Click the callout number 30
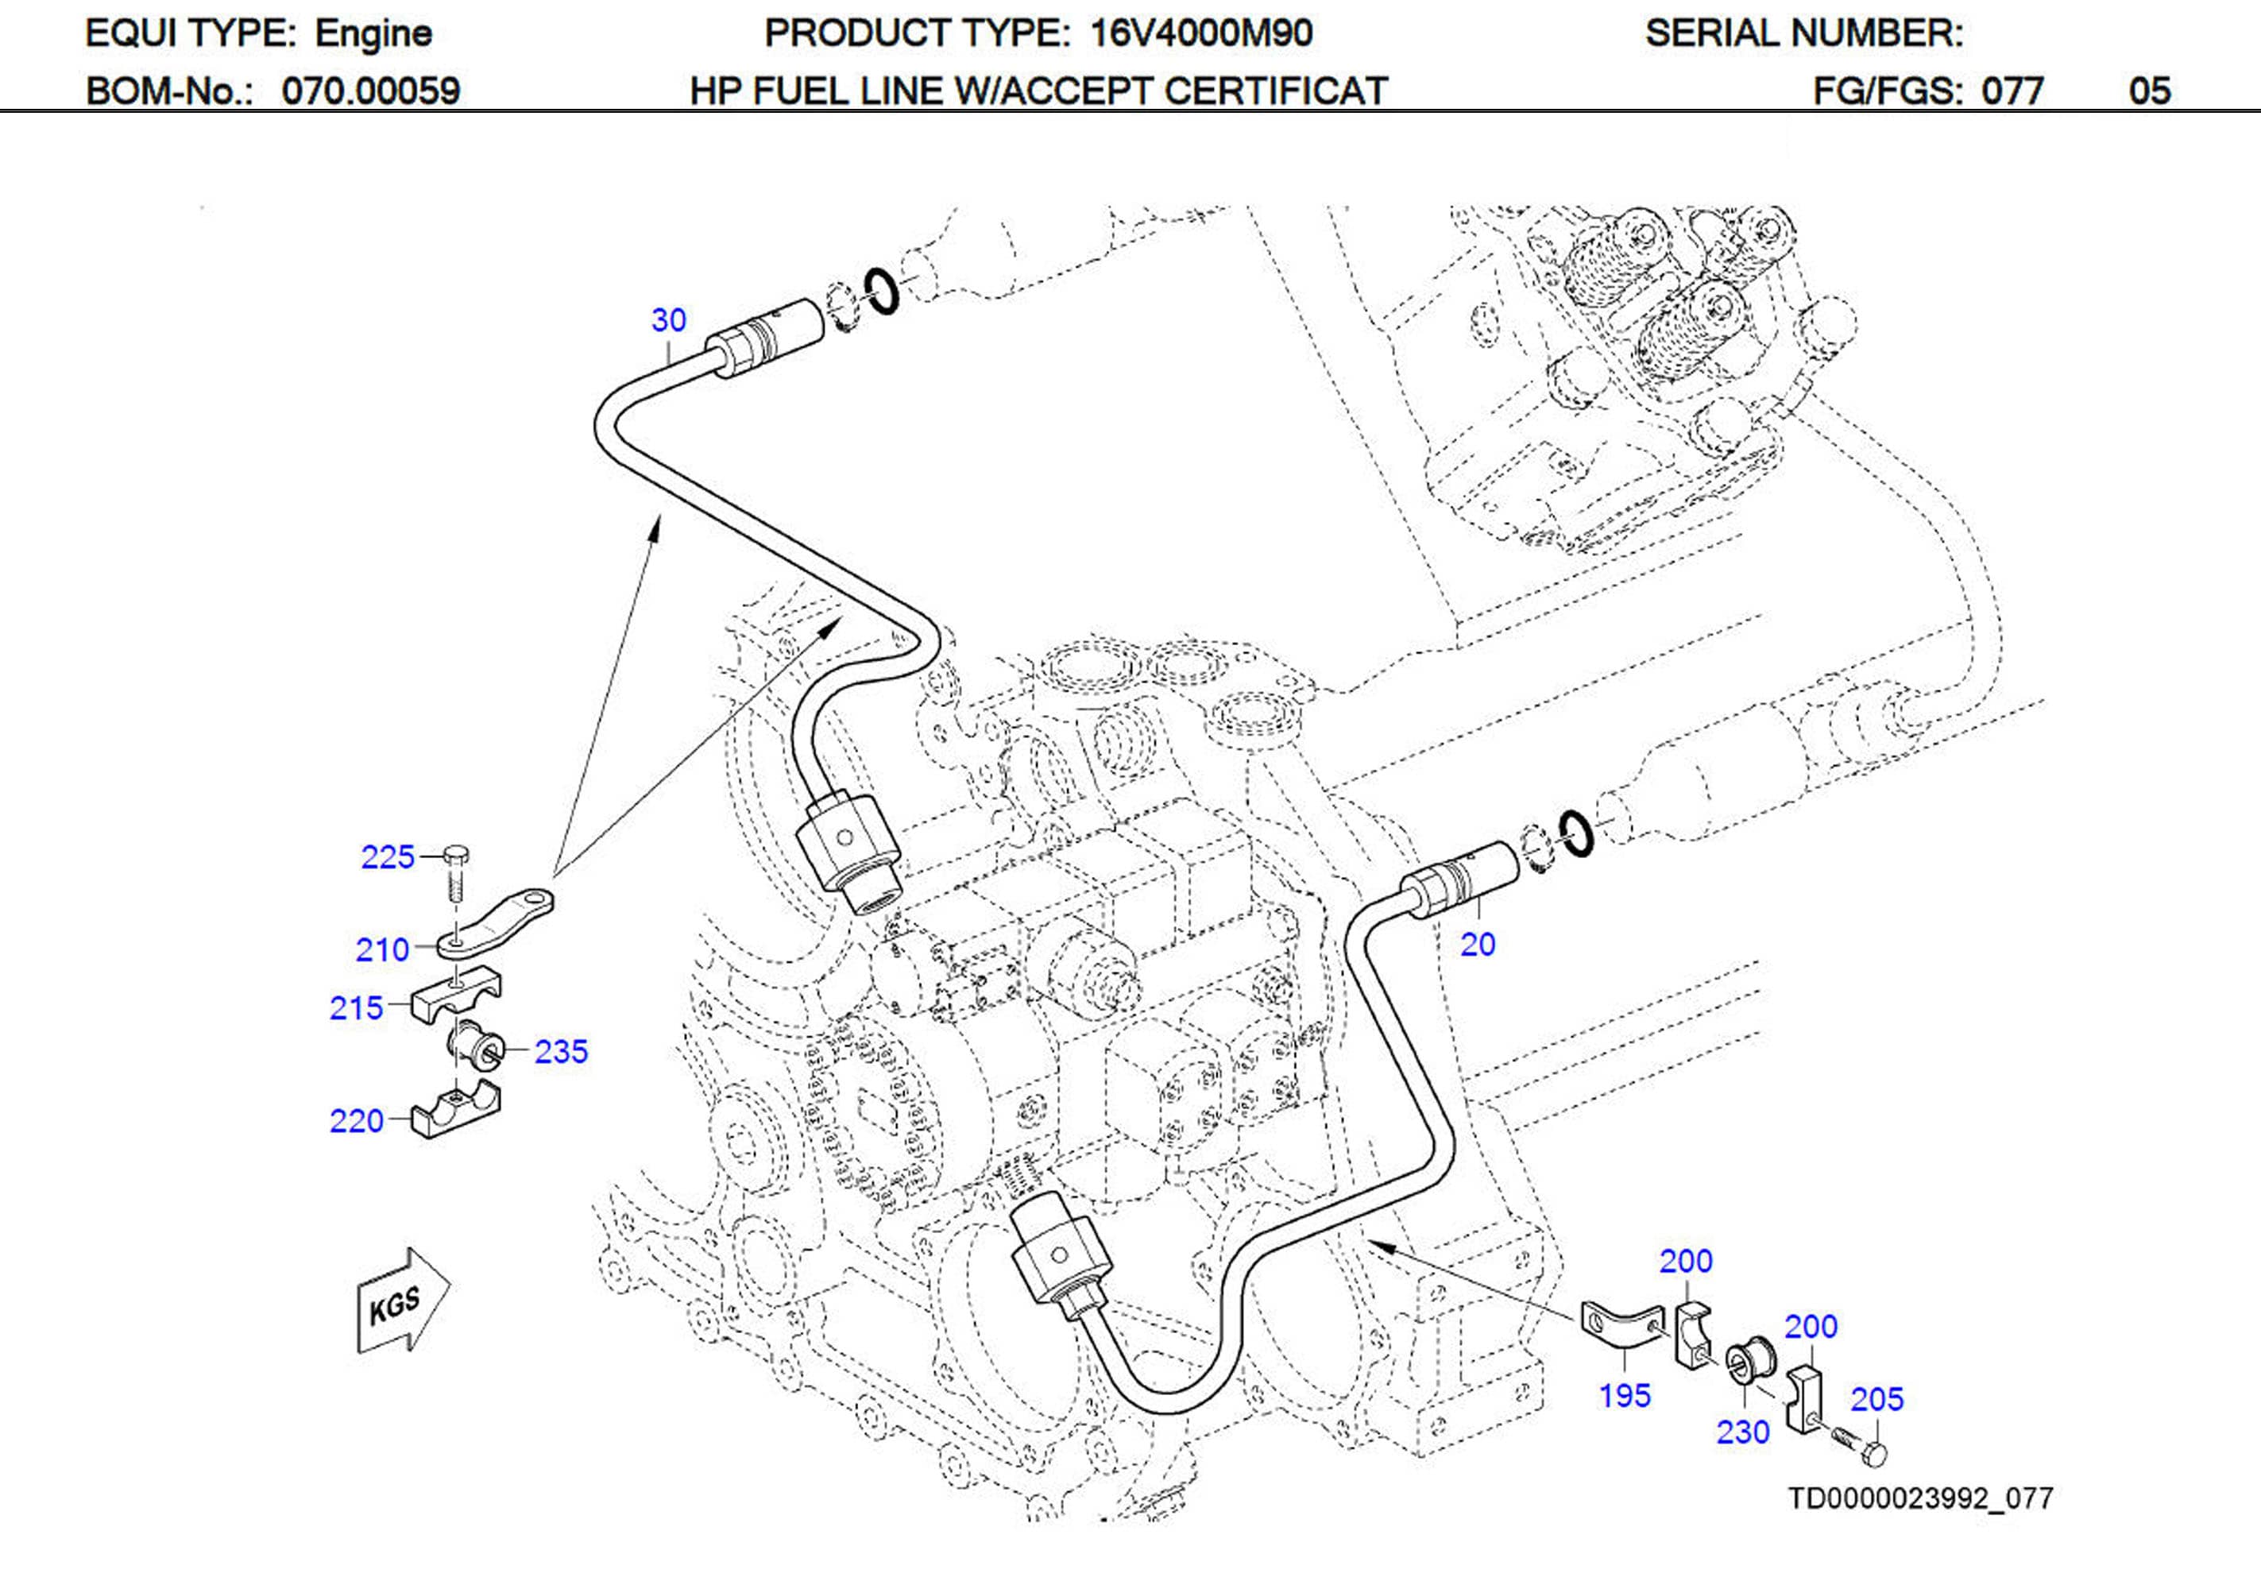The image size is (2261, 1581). click(x=669, y=320)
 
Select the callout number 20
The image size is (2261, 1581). click(x=1477, y=945)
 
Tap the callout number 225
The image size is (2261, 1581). click(x=387, y=857)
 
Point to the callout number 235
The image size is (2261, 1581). click(x=560, y=1052)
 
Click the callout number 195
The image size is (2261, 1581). click(x=1624, y=1395)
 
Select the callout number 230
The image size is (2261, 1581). click(x=1742, y=1432)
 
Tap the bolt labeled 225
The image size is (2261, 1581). click(x=456, y=872)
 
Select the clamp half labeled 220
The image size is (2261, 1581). click(x=455, y=1112)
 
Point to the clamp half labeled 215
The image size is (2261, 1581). click(x=455, y=997)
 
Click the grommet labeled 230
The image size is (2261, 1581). click(x=1752, y=1363)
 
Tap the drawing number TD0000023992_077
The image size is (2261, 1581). click(x=1919, y=1498)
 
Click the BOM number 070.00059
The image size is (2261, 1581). click(x=370, y=91)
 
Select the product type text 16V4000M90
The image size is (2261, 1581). click(x=1200, y=33)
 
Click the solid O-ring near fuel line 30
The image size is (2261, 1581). click(x=881, y=292)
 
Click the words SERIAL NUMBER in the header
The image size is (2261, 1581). click(x=1803, y=33)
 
